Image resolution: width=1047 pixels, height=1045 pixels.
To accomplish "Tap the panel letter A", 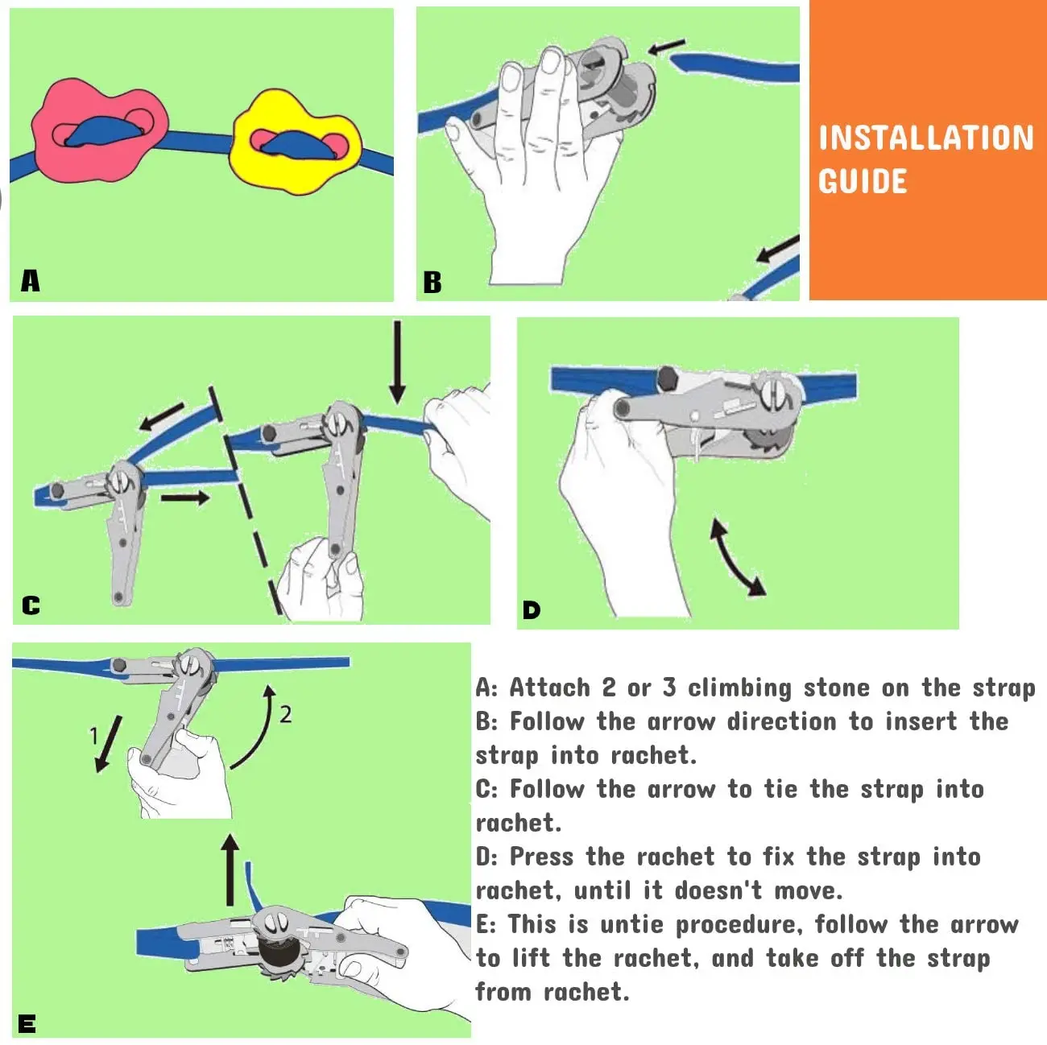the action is pos(31,281).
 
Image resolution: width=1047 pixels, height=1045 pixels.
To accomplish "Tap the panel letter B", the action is pos(432,283).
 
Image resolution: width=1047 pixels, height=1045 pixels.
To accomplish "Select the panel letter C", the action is pos(31,605).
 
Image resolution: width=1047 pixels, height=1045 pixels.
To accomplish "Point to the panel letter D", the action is pos(532,610).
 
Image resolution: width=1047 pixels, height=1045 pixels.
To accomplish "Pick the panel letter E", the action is pos(27,1024).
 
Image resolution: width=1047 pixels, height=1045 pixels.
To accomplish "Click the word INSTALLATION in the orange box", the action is pos(926,138).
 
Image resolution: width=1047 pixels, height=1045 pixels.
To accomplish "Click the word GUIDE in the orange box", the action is pos(863,181).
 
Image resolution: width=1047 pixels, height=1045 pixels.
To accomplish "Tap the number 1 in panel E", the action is pos(94,736).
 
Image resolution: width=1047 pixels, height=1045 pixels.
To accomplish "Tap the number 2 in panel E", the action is pos(286,714).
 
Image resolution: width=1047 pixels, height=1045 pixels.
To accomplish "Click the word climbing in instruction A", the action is pos(740,688).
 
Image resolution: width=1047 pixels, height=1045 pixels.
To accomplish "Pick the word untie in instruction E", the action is pos(631,924).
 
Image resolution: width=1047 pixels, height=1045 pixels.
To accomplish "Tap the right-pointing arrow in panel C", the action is pos(184,498).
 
